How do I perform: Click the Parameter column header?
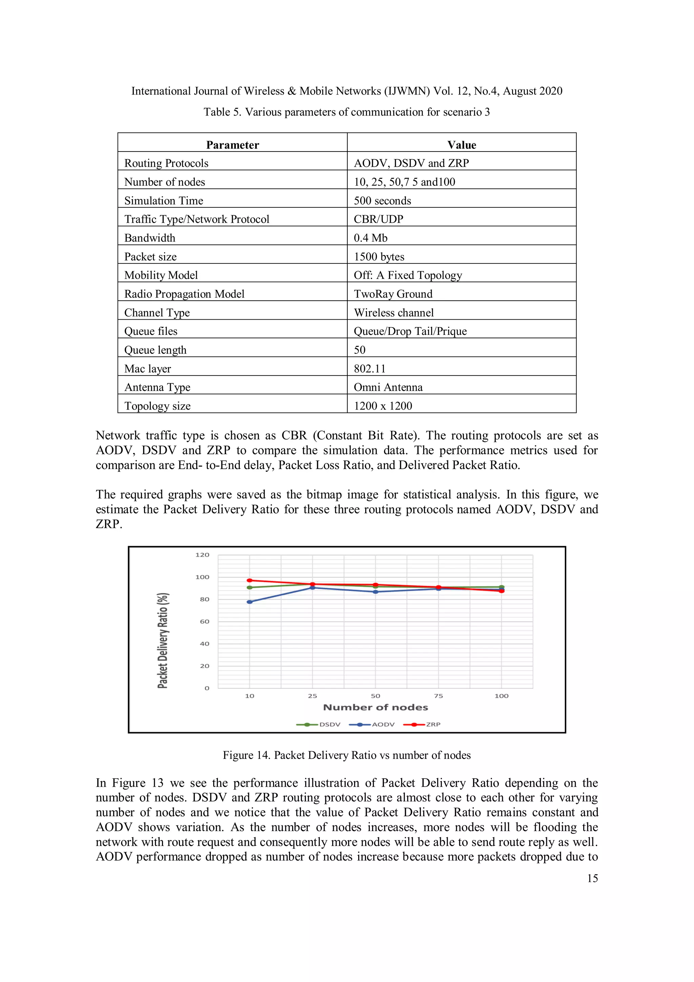click(232, 145)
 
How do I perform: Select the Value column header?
click(462, 145)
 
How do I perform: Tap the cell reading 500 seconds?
click(382, 201)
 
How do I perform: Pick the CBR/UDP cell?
click(379, 219)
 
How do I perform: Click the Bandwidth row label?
click(150, 238)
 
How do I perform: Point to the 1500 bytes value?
click(379, 257)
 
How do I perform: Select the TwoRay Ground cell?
click(393, 294)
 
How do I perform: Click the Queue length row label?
click(155, 350)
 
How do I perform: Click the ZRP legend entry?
click(433, 724)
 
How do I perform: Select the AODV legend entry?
click(383, 724)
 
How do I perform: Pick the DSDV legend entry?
click(329, 724)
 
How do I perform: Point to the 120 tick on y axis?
click(202, 555)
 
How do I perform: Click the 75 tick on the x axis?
click(438, 696)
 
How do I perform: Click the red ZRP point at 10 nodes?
click(250, 580)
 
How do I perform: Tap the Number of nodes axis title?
click(375, 707)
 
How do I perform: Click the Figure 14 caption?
click(346, 755)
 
